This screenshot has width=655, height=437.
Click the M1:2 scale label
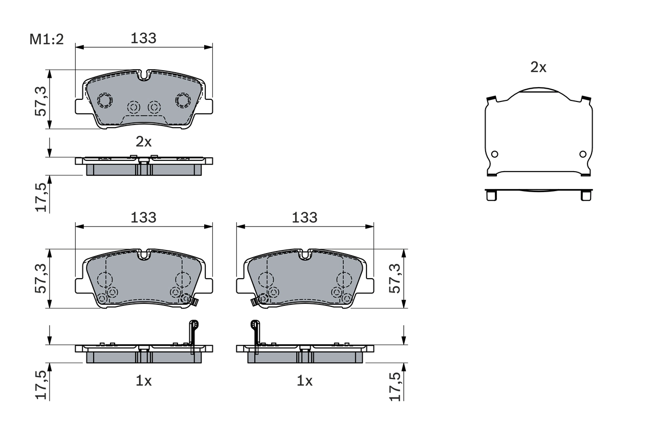(x=46, y=39)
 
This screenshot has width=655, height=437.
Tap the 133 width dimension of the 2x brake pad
(x=143, y=38)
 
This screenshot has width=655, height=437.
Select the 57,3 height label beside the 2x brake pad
(x=41, y=100)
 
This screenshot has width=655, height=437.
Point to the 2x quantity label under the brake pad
(x=143, y=142)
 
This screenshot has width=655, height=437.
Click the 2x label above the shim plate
(x=538, y=67)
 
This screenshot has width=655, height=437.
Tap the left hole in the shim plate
(x=494, y=154)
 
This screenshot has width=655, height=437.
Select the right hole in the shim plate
(x=582, y=154)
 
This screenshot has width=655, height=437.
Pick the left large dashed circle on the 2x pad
(x=105, y=100)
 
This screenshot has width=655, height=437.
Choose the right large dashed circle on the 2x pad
(x=183, y=100)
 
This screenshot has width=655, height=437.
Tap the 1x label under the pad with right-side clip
(x=143, y=381)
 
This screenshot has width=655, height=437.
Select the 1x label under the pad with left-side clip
(x=304, y=381)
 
